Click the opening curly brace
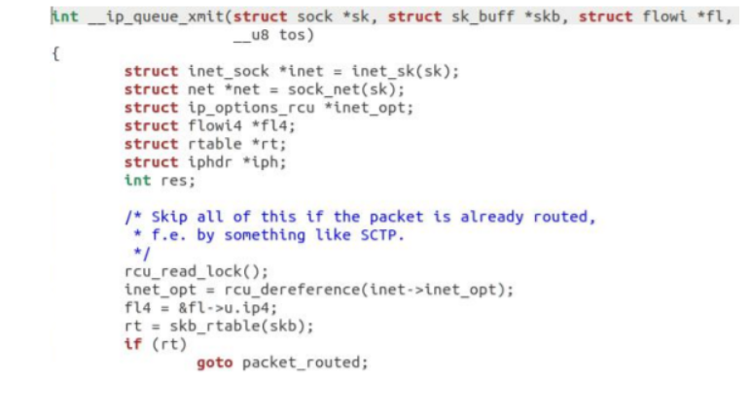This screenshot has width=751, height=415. coord(55,53)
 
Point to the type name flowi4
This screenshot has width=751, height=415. coord(213,125)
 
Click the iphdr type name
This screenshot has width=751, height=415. coord(208,162)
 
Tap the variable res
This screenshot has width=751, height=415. coord(172,180)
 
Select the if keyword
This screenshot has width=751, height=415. coord(132,344)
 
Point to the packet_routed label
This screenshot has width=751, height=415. coord(303,363)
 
